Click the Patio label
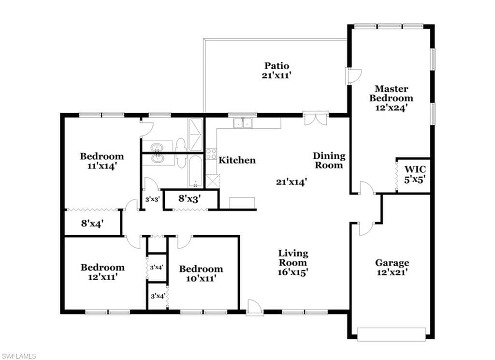(x=277, y=66)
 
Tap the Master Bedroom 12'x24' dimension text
(x=392, y=107)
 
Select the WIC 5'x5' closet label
(x=415, y=175)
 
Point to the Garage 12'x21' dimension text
(x=393, y=272)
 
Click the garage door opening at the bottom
(x=392, y=334)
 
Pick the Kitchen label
(x=237, y=160)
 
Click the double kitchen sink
(x=243, y=123)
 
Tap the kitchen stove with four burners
(x=211, y=154)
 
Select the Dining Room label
(x=329, y=160)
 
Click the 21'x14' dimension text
(x=291, y=182)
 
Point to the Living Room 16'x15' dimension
(x=293, y=272)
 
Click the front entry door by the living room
(x=255, y=307)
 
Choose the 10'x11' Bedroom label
(x=201, y=274)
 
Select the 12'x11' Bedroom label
(x=103, y=272)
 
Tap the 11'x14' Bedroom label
(x=102, y=161)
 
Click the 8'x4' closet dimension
(x=92, y=224)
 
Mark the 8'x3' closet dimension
(x=189, y=198)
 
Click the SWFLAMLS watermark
(x=18, y=356)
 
